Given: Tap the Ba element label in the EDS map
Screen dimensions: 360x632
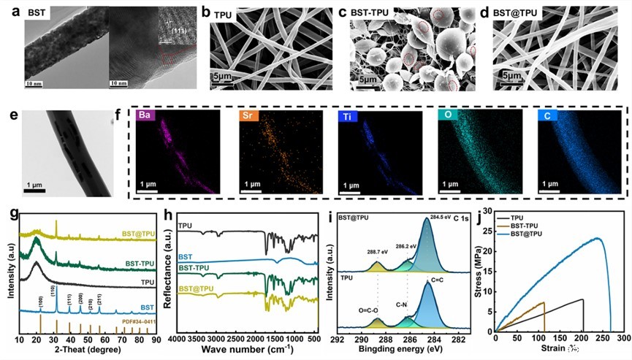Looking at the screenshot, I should (146, 116).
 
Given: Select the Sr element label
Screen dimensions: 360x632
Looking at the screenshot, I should (250, 116).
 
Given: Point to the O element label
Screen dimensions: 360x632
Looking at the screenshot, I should (447, 116).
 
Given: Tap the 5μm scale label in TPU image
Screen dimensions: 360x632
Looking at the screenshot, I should (223, 76).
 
